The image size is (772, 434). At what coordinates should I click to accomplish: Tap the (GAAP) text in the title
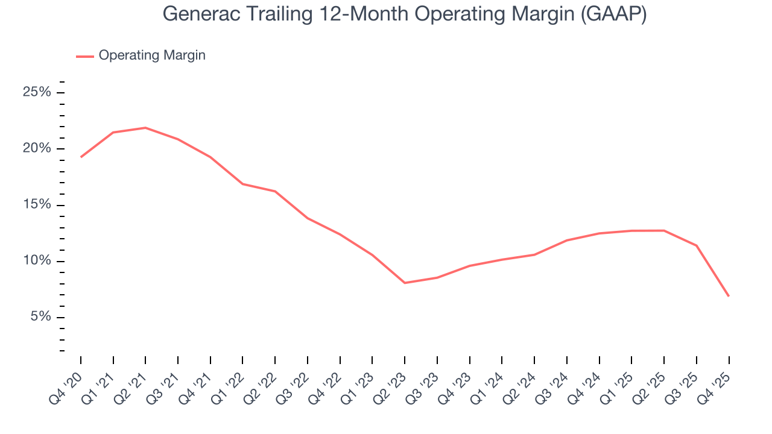613,14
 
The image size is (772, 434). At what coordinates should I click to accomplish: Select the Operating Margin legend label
152,55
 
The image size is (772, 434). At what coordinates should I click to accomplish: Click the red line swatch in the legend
84,56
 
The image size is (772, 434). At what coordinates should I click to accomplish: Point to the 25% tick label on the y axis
37,92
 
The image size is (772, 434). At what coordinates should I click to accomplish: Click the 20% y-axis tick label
37,149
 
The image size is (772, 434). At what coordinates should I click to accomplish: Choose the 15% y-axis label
37,205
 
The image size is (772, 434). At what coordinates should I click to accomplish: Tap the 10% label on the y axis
37,261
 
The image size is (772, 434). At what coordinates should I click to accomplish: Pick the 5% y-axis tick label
40,317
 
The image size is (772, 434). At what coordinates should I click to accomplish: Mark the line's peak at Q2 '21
145,128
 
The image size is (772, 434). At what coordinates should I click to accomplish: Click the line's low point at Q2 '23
405,283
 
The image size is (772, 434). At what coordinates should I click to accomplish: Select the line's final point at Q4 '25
729,296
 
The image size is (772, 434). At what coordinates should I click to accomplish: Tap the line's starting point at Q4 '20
81,157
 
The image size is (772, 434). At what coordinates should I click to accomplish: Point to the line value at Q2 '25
664,230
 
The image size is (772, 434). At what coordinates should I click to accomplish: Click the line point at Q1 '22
242,184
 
